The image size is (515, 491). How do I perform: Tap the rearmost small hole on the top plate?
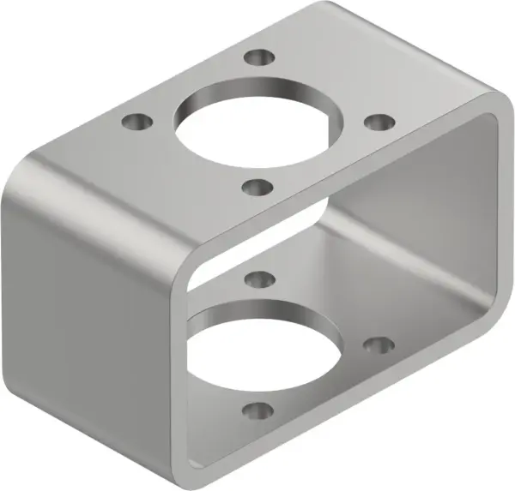pyautogui.click(x=258, y=58)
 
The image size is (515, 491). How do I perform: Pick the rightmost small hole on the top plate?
pyautogui.click(x=377, y=123)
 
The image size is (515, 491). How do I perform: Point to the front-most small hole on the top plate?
pyautogui.click(x=255, y=186)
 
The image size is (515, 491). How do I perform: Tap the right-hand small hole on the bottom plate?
pyautogui.click(x=379, y=345)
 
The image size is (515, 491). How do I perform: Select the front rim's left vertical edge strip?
pyautogui.click(x=184, y=360)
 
